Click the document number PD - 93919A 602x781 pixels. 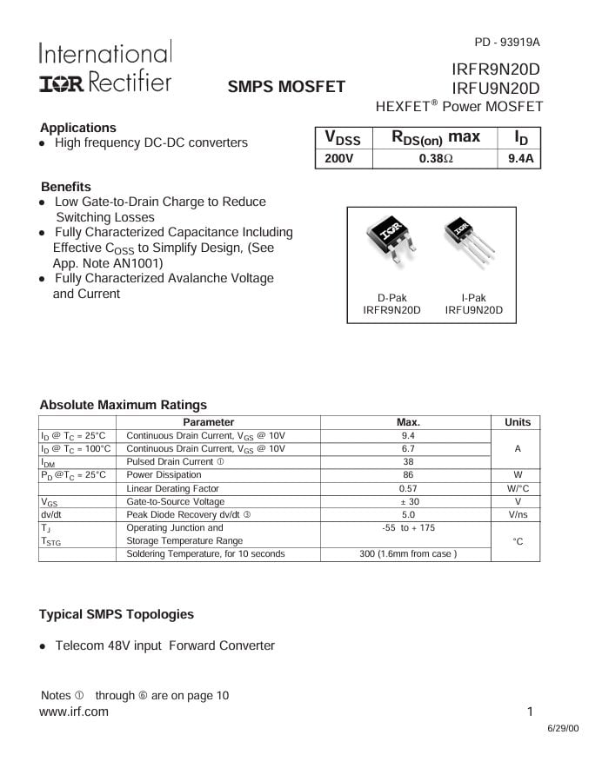pos(507,42)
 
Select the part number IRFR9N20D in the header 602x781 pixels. pos(496,69)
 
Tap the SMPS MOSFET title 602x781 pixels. pos(286,86)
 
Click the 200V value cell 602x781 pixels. pos(339,159)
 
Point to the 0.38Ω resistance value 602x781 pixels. pos(436,159)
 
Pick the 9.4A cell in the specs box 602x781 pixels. pos(519,159)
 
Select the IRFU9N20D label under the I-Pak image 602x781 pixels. pos(473,310)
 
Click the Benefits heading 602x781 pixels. pos(66,187)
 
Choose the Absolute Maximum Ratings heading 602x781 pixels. pos(124,405)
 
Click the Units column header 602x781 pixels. pos(517,422)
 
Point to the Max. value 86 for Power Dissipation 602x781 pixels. pos(408,475)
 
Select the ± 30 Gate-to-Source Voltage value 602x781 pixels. pos(408,501)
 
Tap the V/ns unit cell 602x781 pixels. pos(517,514)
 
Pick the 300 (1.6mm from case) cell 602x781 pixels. pos(408,553)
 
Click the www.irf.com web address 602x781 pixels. pos(74,712)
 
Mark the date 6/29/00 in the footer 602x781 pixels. pos(562,729)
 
